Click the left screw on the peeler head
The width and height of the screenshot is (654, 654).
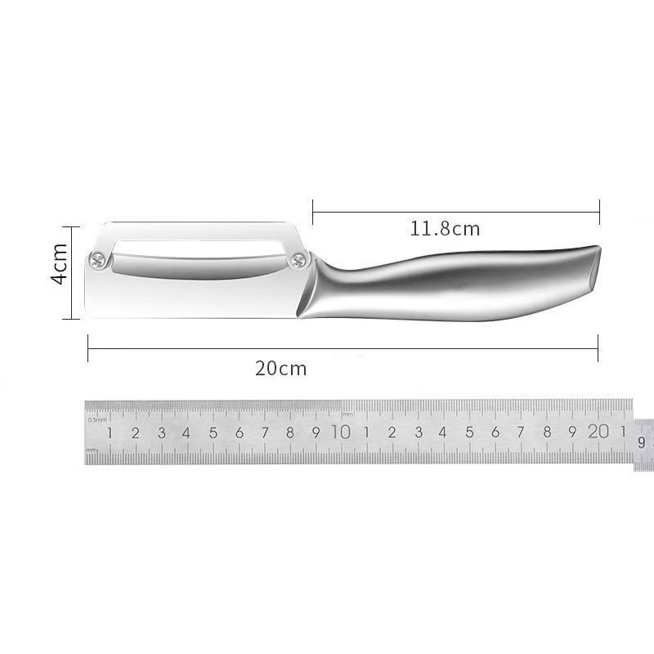pyautogui.click(x=99, y=260)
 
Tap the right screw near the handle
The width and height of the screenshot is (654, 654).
pyautogui.click(x=299, y=260)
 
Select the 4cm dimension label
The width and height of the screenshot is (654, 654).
pyautogui.click(x=59, y=263)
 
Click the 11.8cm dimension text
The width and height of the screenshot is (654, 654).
pyautogui.click(x=445, y=229)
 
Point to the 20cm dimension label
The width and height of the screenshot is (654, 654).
pyautogui.click(x=280, y=369)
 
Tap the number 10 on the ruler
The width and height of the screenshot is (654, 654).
pyautogui.click(x=341, y=432)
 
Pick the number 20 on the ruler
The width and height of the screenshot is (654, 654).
pyautogui.click(x=598, y=432)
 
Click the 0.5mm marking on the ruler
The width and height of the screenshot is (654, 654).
pyautogui.click(x=97, y=419)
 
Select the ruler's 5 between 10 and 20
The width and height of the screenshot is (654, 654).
pyautogui.click(x=469, y=432)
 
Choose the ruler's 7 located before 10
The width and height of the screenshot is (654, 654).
pyautogui.click(x=265, y=433)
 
